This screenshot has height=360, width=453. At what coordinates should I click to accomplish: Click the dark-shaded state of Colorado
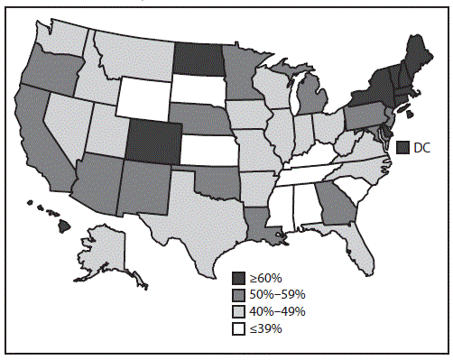(x=150, y=136)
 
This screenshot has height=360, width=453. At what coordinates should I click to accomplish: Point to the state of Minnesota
(x=239, y=72)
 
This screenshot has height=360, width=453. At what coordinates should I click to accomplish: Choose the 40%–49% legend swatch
(x=238, y=311)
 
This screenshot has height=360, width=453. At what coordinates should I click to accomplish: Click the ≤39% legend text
(x=266, y=328)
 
